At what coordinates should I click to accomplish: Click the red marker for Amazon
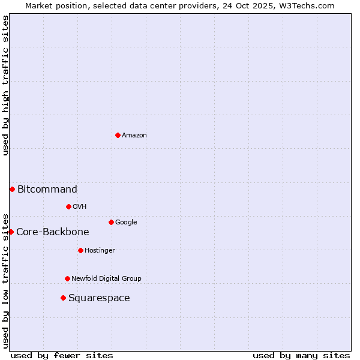(x=118, y=135)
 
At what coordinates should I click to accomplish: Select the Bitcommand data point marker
(x=12, y=189)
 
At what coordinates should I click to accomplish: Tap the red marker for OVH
(x=68, y=206)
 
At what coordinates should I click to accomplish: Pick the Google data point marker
(x=111, y=222)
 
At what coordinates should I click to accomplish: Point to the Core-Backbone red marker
(x=11, y=232)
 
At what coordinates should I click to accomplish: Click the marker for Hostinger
(x=80, y=250)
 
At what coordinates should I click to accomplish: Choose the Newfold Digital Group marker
(x=67, y=278)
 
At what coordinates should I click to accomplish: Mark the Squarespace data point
(x=63, y=298)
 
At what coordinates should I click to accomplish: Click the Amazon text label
(x=134, y=136)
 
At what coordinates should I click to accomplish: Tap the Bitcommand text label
(x=47, y=190)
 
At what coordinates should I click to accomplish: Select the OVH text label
(x=80, y=207)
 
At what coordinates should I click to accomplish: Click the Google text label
(x=126, y=223)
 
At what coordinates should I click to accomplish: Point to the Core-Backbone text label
(x=53, y=232)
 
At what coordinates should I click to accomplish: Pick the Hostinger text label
(x=100, y=251)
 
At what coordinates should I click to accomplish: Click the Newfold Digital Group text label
(x=106, y=279)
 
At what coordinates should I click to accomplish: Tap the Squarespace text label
(x=99, y=298)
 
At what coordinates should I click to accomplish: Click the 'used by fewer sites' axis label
(x=62, y=355)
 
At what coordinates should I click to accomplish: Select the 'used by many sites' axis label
(x=301, y=355)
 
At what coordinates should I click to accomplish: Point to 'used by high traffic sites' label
(x=5, y=85)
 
